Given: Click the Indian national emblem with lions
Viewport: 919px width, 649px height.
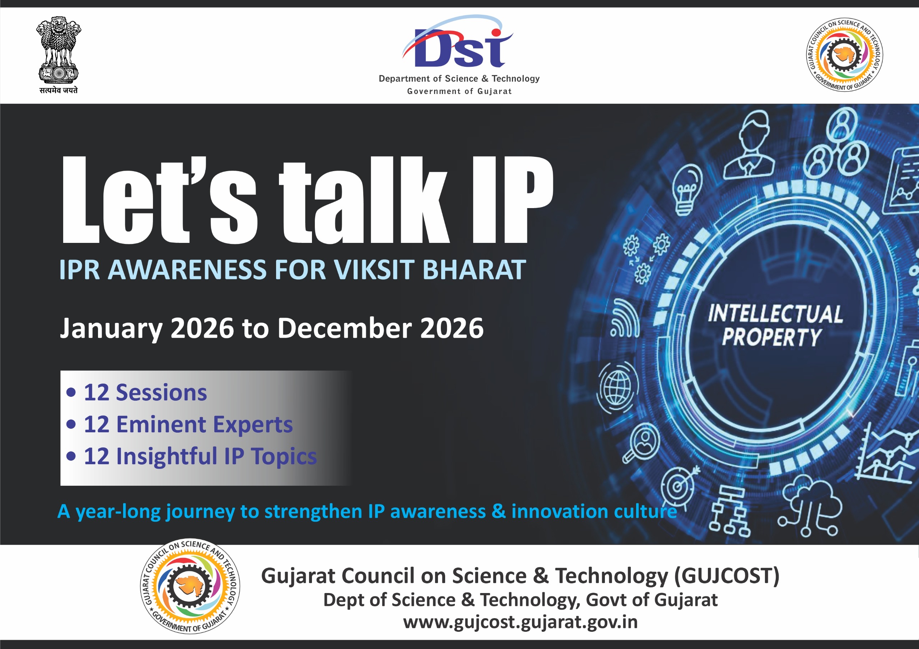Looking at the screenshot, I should (59, 50).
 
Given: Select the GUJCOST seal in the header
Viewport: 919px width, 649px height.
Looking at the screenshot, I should (845, 55).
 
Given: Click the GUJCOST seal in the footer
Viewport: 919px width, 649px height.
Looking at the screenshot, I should (190, 587).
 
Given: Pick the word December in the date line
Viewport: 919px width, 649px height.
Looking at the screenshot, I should (345, 328).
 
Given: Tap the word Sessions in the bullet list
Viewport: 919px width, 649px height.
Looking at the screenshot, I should (161, 392).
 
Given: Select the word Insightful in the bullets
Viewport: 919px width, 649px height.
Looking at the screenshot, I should (166, 457).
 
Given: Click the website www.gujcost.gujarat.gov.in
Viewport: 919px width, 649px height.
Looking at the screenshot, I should (520, 622).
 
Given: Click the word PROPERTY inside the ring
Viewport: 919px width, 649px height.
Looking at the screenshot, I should (772, 337).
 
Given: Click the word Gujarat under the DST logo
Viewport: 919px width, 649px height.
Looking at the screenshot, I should (494, 91).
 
